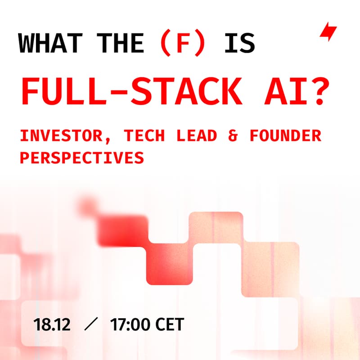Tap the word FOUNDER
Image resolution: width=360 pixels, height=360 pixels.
284,135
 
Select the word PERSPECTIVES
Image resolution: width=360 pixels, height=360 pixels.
82,157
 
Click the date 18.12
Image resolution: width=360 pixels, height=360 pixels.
51,324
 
